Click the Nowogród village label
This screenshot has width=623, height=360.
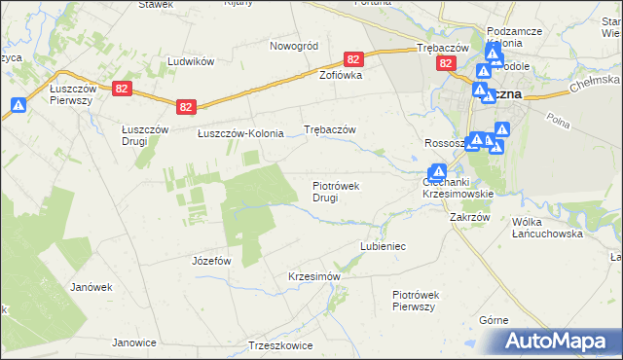tap(294, 46)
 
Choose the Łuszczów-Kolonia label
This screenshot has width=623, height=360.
tap(240, 133)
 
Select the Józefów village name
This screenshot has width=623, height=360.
tap(211, 261)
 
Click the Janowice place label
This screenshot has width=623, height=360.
tap(134, 342)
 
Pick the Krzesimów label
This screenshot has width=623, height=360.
tap(313, 276)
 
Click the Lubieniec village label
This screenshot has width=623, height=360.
tap(383, 247)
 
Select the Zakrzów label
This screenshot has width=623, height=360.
tap(469, 218)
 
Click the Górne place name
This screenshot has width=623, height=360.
tap(495, 320)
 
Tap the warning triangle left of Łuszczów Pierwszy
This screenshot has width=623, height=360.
tap(18, 106)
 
